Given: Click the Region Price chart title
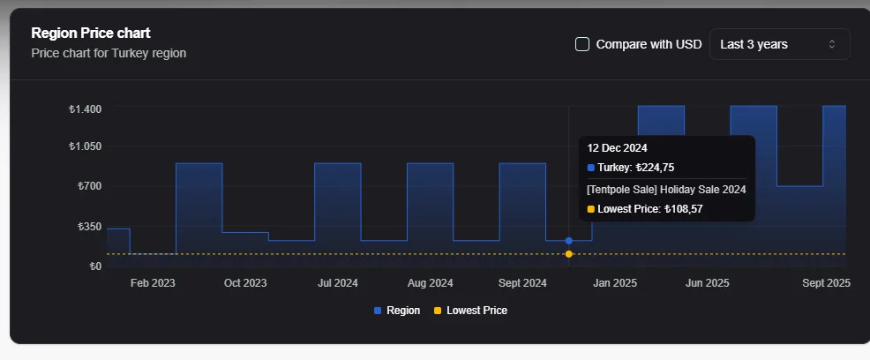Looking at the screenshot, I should click(91, 34).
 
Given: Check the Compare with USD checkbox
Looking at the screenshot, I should click(582, 44).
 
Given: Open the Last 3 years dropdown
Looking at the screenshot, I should click(779, 44).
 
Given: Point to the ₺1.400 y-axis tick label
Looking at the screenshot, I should click(85, 109).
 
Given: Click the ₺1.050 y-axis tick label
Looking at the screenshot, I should click(85, 146).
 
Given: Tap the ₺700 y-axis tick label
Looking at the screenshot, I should click(89, 186).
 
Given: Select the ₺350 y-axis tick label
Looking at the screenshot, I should click(89, 227).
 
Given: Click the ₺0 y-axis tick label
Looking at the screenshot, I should click(94, 266).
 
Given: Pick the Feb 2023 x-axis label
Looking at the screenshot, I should click(153, 283).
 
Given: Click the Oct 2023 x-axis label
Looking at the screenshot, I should click(244, 283).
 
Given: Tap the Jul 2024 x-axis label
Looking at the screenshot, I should click(337, 283).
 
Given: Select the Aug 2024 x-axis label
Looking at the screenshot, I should click(430, 283).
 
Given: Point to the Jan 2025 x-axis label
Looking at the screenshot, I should click(614, 283).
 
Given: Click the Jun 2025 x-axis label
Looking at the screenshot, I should click(707, 283).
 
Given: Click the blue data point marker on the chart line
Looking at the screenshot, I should click(569, 241).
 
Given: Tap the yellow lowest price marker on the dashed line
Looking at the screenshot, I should click(569, 254).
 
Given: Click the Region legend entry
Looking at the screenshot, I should click(397, 311).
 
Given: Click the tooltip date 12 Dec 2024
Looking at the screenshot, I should click(617, 148).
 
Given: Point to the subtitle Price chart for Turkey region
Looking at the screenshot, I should click(109, 53).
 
